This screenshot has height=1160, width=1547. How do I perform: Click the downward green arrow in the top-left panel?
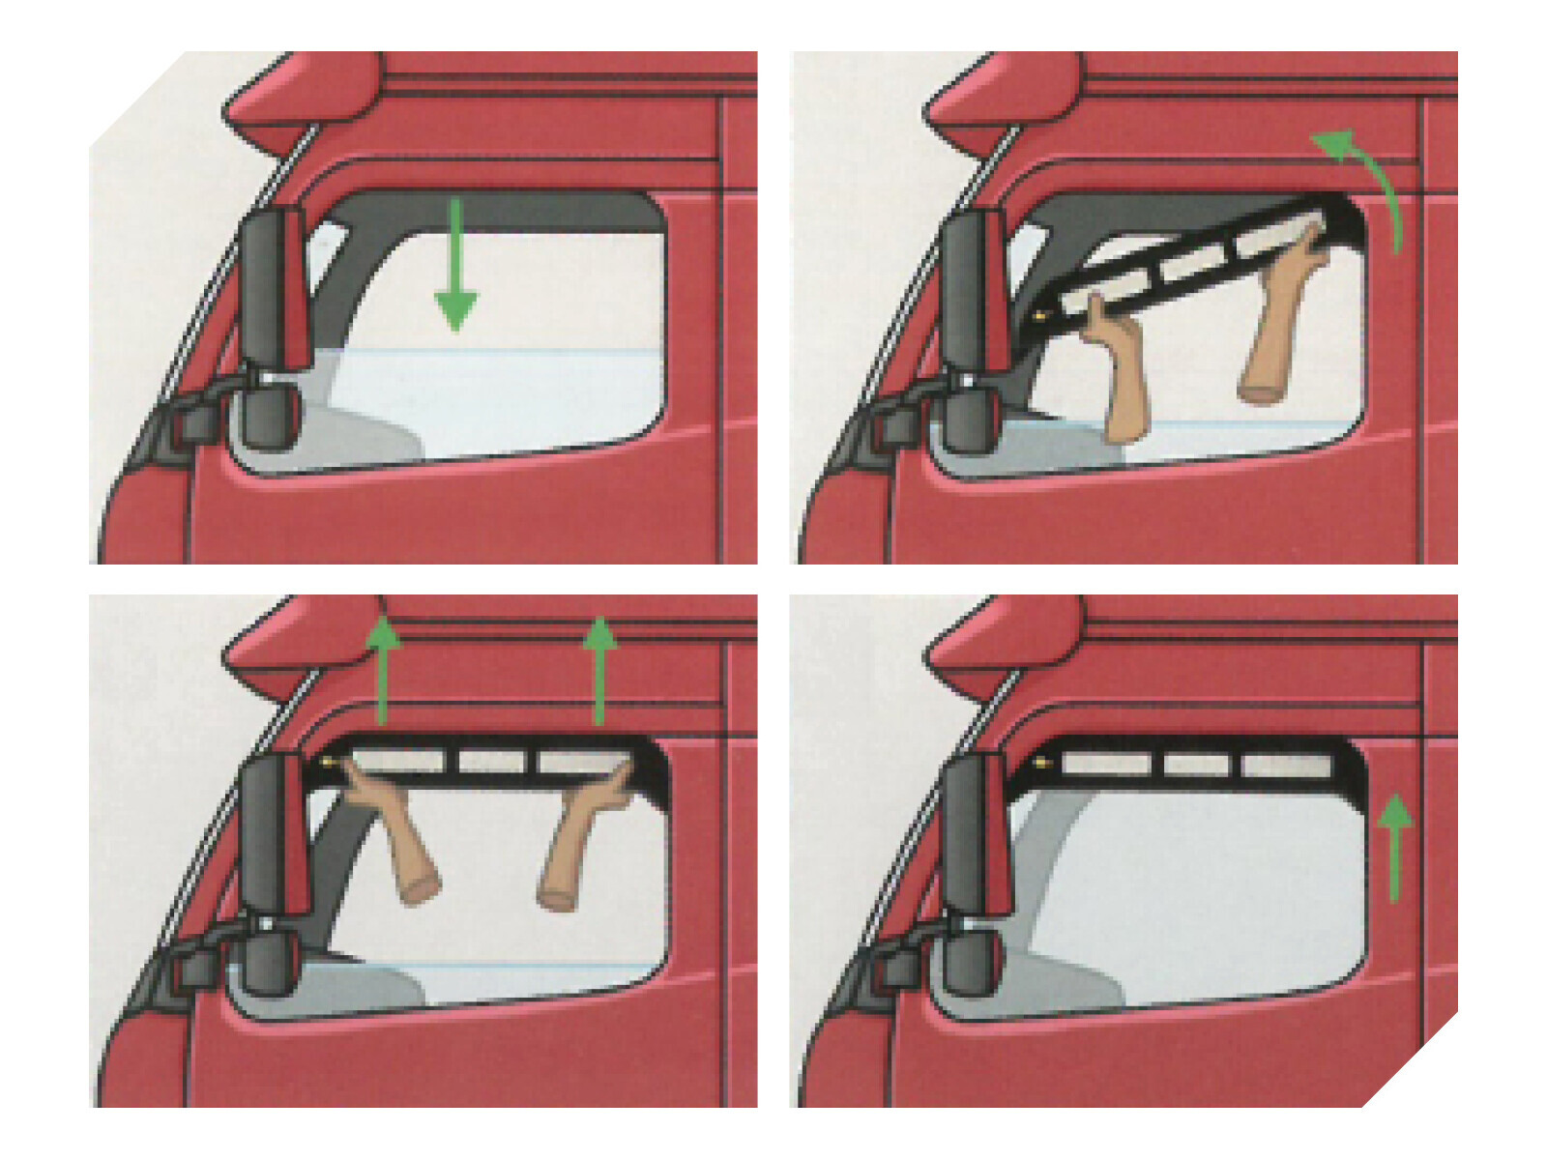(455, 271)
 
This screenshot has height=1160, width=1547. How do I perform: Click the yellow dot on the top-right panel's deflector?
(1038, 316)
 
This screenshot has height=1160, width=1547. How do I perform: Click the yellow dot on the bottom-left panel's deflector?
(333, 764)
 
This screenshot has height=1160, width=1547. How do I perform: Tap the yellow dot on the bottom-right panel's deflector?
(1042, 764)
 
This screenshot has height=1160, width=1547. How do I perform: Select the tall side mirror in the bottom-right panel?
(977, 831)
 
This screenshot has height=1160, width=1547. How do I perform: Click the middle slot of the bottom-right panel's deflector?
(1197, 765)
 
